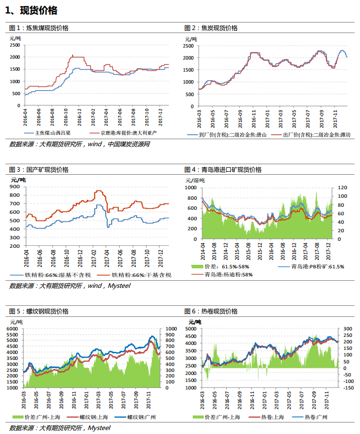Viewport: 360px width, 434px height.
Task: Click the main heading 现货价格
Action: pos(39,11)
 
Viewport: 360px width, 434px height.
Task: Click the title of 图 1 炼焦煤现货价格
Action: pos(39,28)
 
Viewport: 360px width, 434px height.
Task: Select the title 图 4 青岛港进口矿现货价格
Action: pos(223,170)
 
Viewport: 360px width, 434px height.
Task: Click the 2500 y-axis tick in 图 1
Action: pos(15,45)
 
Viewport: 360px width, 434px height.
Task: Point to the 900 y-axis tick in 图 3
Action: pos(15,187)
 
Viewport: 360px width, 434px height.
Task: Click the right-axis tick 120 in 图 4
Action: pos(342,188)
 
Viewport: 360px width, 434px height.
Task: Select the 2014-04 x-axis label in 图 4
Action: pos(203,252)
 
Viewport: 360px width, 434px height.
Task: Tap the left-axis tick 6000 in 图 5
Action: pos(12,329)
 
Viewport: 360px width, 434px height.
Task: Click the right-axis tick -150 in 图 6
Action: pos(348,388)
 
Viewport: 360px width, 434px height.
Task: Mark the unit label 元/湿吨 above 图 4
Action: pos(195,181)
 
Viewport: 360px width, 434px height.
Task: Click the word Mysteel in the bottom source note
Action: pos(99,428)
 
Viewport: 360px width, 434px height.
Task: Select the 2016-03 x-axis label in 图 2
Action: pos(199,119)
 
